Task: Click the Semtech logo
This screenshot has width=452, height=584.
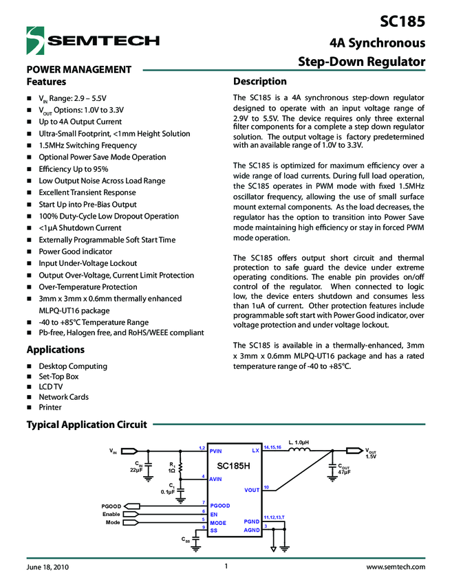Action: (x=92, y=40)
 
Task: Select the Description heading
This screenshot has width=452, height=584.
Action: (x=260, y=81)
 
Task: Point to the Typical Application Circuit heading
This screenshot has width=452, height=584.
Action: (x=87, y=425)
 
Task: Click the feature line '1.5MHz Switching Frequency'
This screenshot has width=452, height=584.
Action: (x=87, y=146)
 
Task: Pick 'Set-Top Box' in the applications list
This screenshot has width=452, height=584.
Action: (x=58, y=377)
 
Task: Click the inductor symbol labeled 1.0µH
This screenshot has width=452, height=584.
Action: (x=298, y=451)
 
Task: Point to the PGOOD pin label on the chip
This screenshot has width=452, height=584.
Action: (x=220, y=506)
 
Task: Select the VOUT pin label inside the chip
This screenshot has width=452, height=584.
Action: (x=251, y=491)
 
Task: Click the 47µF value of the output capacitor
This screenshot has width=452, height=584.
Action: (x=344, y=472)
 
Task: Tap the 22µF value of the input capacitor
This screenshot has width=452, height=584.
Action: (x=136, y=470)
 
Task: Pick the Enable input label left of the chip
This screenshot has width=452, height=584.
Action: (x=111, y=514)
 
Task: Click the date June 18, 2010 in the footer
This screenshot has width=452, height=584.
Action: (x=47, y=568)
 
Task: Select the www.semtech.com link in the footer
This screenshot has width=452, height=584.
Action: (x=395, y=568)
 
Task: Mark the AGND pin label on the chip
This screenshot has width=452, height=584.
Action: (x=251, y=530)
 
